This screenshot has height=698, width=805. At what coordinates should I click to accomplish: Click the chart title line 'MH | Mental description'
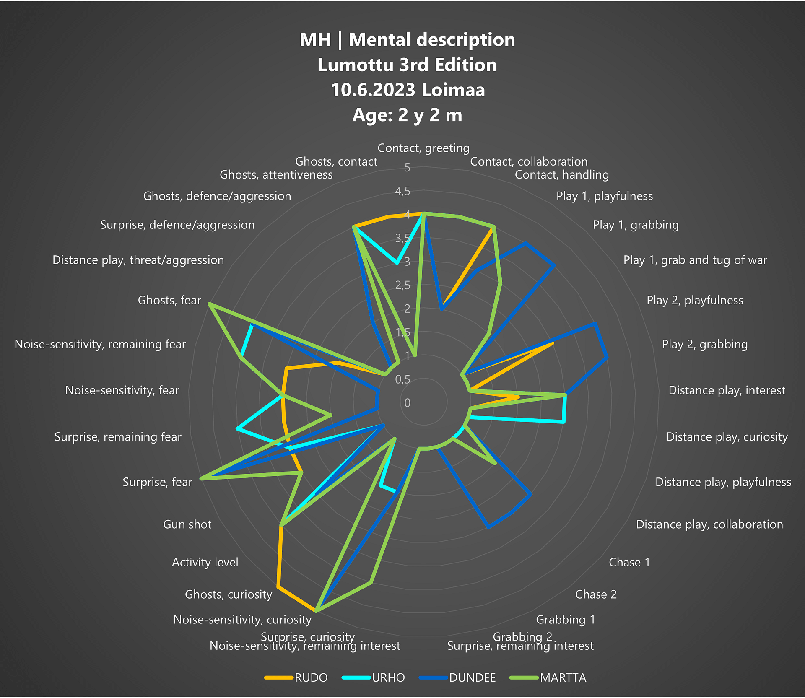(407, 40)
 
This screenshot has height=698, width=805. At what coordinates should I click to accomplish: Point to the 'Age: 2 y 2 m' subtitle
(407, 115)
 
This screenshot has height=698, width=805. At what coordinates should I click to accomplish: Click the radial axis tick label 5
(407, 168)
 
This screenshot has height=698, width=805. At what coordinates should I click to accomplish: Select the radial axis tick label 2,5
(402, 285)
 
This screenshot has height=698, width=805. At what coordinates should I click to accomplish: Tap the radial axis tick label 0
(407, 403)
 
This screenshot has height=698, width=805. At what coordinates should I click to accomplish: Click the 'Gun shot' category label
(187, 524)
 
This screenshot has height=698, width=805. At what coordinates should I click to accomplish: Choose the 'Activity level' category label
(205, 562)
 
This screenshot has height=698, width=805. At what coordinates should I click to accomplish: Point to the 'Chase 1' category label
(629, 562)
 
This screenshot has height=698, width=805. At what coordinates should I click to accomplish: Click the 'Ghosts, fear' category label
(169, 300)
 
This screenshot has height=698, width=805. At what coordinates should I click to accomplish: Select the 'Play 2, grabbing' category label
(704, 344)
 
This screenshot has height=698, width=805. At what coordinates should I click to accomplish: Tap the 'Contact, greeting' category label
(423, 148)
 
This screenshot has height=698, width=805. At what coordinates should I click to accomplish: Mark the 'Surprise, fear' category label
(157, 482)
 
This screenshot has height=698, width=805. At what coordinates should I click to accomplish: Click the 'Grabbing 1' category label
(565, 619)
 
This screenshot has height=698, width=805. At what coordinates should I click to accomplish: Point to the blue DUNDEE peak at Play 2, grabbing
(607, 358)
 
